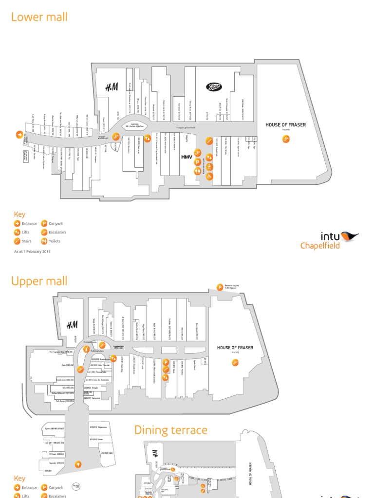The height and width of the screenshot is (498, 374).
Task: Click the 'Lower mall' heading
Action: [x=39, y=18]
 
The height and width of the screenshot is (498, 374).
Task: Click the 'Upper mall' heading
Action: [x=39, y=281]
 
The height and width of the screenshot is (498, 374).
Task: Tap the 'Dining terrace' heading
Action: [x=170, y=430]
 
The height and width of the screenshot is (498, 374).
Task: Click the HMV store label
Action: [x=187, y=157]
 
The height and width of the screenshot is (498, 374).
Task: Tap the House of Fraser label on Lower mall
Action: [x=285, y=125]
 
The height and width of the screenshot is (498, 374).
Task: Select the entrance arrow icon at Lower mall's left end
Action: [x=19, y=135]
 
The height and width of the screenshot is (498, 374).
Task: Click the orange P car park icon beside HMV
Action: [x=198, y=162]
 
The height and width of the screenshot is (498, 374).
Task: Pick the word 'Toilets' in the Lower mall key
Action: [x=55, y=241]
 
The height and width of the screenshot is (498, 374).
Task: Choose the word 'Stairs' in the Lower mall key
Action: [x=27, y=241]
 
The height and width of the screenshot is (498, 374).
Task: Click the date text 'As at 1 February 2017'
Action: [x=32, y=251]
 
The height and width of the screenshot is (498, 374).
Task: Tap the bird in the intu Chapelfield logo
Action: [x=349, y=236]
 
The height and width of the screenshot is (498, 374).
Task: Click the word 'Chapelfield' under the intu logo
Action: [x=320, y=246]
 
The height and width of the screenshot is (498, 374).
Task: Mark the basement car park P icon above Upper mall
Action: [x=220, y=287]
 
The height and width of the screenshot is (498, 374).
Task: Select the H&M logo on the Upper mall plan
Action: [x=72, y=325]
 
